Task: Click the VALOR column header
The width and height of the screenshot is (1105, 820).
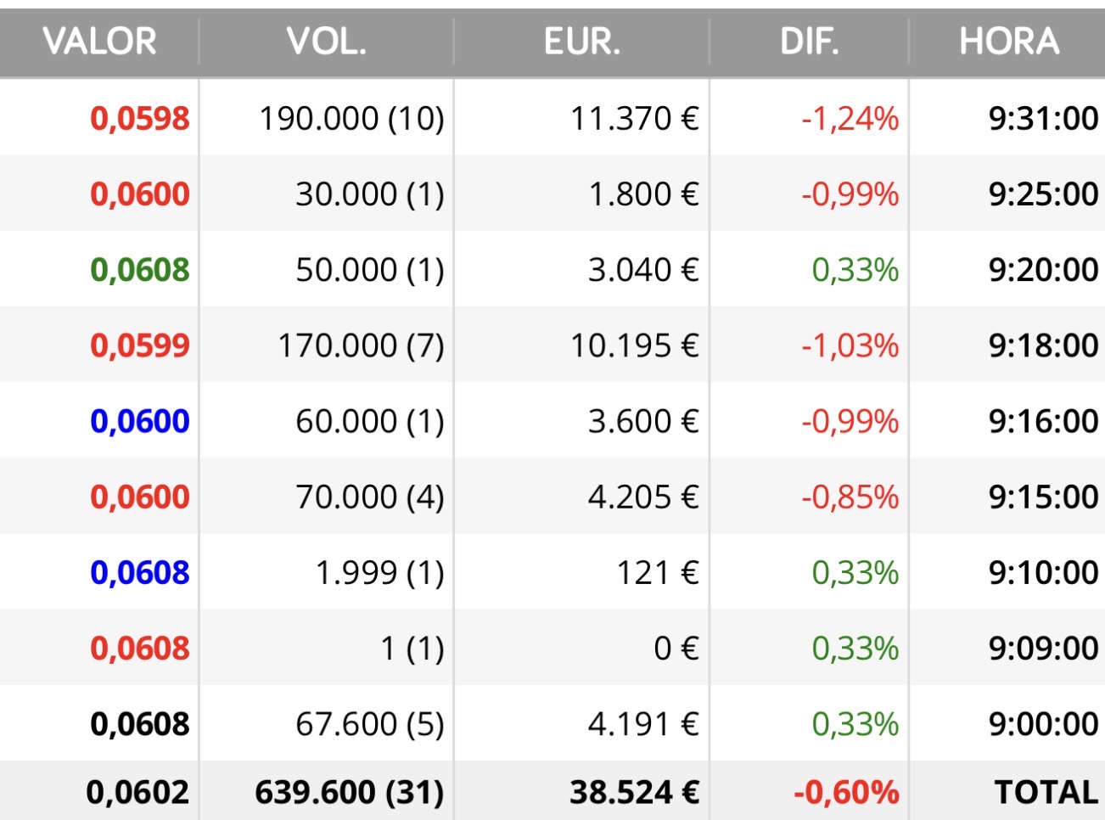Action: coord(99,42)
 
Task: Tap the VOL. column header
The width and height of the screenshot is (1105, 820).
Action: coord(326,42)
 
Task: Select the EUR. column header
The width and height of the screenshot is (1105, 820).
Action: coord(582,42)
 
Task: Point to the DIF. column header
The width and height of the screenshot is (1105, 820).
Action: coord(810,42)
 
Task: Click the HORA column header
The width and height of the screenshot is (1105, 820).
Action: coord(1009,42)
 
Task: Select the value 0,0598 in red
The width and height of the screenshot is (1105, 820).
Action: coord(140,119)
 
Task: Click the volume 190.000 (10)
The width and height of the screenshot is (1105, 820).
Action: coord(351,119)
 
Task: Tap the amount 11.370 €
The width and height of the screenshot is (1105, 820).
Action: coord(635,119)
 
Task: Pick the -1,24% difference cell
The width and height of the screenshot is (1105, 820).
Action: coord(850,119)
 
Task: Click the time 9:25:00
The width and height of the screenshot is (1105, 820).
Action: coord(1044,194)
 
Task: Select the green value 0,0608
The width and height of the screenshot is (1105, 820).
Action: coord(140,270)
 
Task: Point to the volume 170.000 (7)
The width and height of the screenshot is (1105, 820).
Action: coord(361,345)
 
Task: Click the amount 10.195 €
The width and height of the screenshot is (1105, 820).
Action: coord(635,345)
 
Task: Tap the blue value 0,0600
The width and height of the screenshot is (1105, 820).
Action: coord(140,421)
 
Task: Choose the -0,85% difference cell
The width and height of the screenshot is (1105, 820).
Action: coord(850,497)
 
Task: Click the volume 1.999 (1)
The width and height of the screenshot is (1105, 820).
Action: coord(379,572)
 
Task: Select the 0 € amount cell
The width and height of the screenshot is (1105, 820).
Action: coord(676,649)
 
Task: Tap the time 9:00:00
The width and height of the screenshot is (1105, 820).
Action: coord(1044,724)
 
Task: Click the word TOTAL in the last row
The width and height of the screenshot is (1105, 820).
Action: coord(1046,792)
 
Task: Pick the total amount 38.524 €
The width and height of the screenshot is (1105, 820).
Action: coord(635,792)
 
